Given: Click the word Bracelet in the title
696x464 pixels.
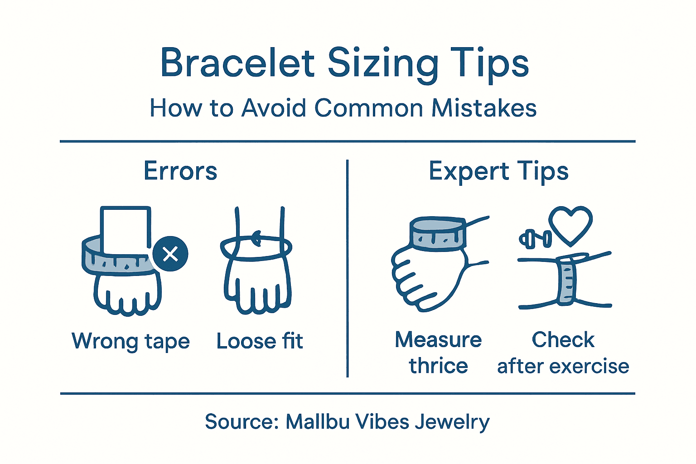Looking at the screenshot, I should [237, 63].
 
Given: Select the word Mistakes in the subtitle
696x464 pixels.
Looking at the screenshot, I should [484, 108].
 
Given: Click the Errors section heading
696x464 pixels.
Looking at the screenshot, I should [180, 171].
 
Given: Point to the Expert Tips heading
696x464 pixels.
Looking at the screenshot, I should [498, 172].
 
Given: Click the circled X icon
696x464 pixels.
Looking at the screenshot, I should [170, 254].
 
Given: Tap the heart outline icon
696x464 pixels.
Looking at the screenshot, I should [570, 225].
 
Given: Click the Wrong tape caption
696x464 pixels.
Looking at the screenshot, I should [130, 341].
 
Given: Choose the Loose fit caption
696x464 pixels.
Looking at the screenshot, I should [260, 341].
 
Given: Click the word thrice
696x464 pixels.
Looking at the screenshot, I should [438, 366].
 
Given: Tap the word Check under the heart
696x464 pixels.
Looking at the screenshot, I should [563, 340].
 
